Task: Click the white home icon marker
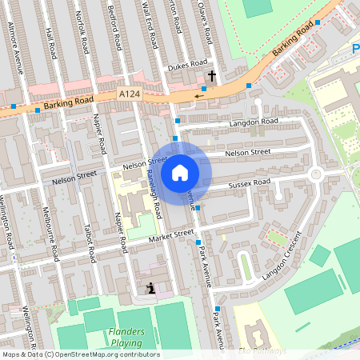(x=180, y=173)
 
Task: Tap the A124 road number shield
(x=130, y=94)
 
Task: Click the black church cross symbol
(x=212, y=76)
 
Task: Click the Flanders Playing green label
(x=126, y=337)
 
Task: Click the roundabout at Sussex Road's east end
(x=315, y=174)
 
